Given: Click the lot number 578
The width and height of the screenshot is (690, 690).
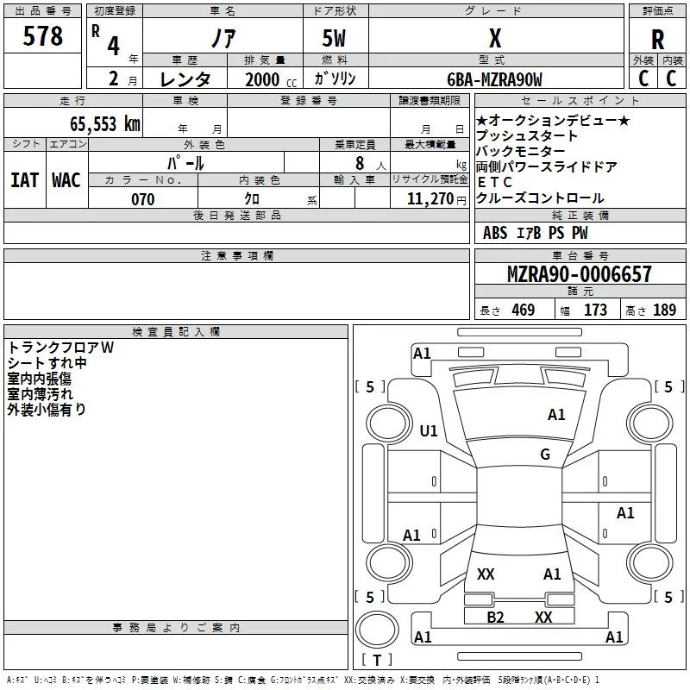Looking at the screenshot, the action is click(44, 37).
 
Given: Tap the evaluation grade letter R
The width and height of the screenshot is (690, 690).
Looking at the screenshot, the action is click(657, 40).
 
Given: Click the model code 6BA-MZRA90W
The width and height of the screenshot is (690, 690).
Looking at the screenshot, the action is click(494, 79).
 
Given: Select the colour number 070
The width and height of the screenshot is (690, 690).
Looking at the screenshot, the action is click(142, 199).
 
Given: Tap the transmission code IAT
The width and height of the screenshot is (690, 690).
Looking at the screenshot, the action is click(24, 179).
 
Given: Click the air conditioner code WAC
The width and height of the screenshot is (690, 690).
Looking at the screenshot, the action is click(66, 179).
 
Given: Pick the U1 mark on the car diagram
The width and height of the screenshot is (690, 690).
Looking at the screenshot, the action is click(429, 430).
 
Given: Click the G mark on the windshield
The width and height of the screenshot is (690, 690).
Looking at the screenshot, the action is click(545, 455).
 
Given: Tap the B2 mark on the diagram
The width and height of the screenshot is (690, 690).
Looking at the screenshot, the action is click(495, 617).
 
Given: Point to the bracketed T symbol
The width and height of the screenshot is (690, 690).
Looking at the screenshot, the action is click(376, 660).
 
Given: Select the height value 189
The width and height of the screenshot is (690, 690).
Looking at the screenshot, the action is click(664, 310).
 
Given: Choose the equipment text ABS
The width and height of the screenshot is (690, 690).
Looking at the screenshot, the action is click(495, 233).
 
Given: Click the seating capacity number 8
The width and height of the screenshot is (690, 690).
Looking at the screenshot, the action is click(357, 163).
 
